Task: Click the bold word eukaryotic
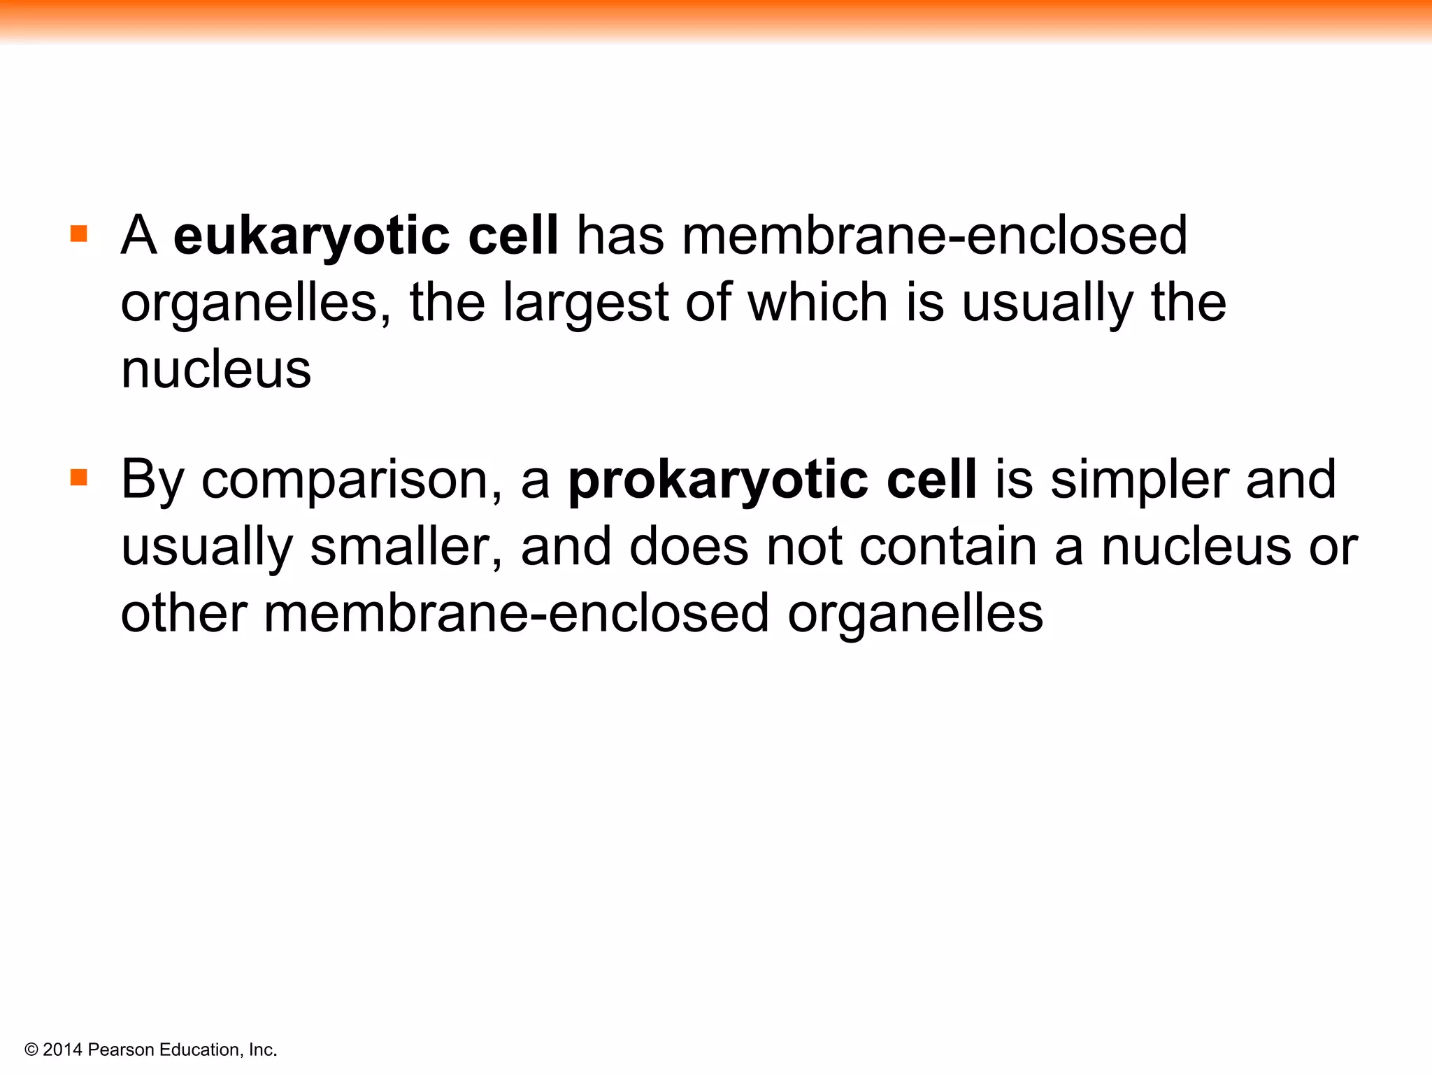click(x=311, y=236)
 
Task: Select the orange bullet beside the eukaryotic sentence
click(x=79, y=234)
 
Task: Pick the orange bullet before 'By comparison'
click(x=79, y=478)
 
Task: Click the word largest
click(x=586, y=303)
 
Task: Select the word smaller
click(x=406, y=547)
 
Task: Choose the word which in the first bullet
click(x=818, y=303)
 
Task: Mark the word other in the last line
click(x=184, y=613)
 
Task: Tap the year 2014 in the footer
click(x=62, y=1050)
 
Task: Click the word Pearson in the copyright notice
click(x=121, y=1050)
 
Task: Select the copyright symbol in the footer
click(x=31, y=1050)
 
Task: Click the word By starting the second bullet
click(x=152, y=480)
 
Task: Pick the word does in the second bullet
click(x=689, y=547)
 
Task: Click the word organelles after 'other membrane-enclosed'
click(x=915, y=613)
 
